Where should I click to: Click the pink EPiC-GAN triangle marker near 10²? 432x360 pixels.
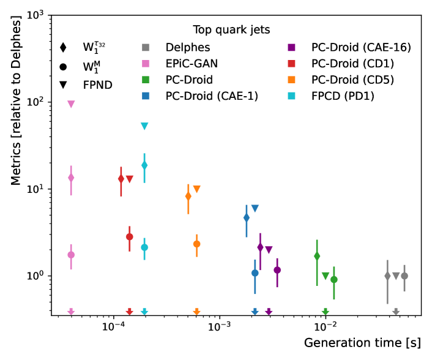[x=71, y=104]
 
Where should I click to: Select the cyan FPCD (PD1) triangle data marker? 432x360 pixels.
[x=144, y=126]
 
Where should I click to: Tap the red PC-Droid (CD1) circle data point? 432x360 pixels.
[x=130, y=237]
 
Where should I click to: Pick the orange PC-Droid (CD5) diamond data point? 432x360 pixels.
[x=188, y=197]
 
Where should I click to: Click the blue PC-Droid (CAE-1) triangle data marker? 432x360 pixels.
[x=255, y=209]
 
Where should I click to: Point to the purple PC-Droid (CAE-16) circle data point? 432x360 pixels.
[x=277, y=270]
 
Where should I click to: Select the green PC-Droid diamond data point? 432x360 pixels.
[x=317, y=256]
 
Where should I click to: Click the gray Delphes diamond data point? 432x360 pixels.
[x=387, y=276]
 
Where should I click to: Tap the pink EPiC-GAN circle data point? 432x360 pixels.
[x=71, y=255]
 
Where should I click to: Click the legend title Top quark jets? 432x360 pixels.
[x=231, y=29]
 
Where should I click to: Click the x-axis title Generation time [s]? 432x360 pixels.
[x=362, y=343]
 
